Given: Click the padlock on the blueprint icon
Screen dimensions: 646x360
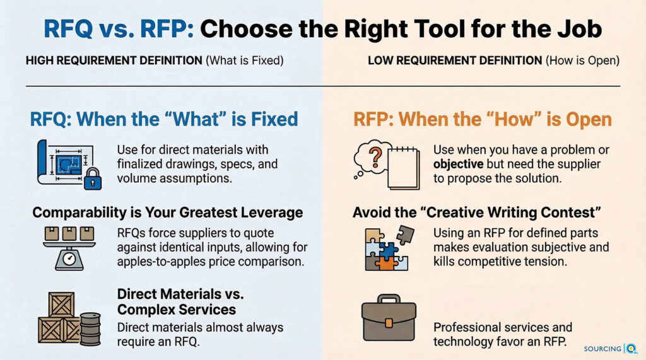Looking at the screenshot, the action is pos(93,179).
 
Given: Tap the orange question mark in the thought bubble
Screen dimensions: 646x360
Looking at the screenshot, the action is pos(375,158).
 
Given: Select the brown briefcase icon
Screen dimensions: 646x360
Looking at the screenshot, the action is pos(389,317).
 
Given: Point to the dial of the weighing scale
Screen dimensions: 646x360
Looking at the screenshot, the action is pos(69,259).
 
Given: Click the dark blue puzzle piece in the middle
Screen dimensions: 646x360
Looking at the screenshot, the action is pos(388,250).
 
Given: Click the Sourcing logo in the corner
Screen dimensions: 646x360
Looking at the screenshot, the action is pos(611,349).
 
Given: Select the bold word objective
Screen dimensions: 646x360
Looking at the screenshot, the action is pos(458,164).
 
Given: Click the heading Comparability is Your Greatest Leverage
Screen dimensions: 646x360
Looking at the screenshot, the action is pos(168,212).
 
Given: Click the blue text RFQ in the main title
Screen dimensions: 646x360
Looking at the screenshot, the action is pos(68,29).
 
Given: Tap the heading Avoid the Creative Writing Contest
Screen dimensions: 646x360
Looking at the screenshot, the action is pos(477,212).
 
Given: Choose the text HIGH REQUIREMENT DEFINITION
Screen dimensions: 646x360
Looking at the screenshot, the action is pos(114,61).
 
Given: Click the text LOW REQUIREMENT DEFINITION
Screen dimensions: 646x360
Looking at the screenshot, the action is pos(455,61).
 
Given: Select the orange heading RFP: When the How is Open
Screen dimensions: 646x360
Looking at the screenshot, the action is pos(483,119).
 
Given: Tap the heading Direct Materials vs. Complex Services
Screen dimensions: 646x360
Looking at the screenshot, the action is pos(180,302).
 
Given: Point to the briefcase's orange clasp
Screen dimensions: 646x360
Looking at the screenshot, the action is pos(389,323).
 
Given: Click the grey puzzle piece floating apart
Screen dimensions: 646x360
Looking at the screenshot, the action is pos(405,235).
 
